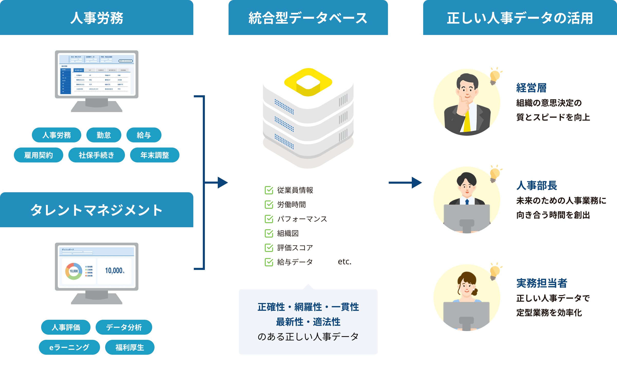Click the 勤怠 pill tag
[x=104, y=135]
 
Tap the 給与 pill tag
[x=144, y=135]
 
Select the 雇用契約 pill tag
[x=39, y=155]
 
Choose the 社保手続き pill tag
[x=96, y=155]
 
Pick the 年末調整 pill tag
[x=155, y=155]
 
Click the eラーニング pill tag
[x=69, y=347]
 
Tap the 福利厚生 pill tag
[x=130, y=347]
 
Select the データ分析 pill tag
[x=124, y=327]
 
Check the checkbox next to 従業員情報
[x=269, y=190]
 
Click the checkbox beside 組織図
[x=269, y=233]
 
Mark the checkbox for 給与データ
[x=269, y=262]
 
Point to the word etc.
[x=344, y=262]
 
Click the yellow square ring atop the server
[x=308, y=82]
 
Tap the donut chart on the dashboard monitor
[x=74, y=271]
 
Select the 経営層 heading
[x=531, y=88]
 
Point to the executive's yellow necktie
[x=467, y=121]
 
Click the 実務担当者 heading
[x=542, y=283]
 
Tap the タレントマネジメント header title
[x=96, y=210]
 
